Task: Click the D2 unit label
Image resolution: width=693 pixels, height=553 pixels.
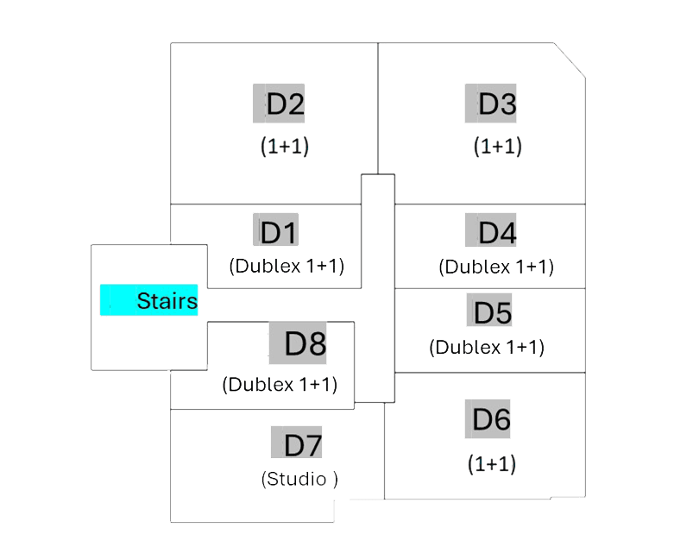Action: pyautogui.click(x=280, y=104)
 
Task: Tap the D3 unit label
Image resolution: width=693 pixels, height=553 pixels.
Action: pyautogui.click(x=492, y=104)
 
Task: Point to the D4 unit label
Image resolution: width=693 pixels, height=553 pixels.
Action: pyautogui.click(x=492, y=232)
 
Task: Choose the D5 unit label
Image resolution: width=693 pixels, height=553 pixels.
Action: pyautogui.click(x=490, y=312)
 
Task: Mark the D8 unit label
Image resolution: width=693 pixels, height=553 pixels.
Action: pyautogui.click(x=299, y=344)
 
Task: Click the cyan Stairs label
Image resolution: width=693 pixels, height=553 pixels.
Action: pyautogui.click(x=149, y=301)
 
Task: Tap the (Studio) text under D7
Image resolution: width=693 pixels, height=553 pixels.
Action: pyautogui.click(x=299, y=479)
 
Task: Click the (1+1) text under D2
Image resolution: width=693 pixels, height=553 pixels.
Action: pyautogui.click(x=285, y=146)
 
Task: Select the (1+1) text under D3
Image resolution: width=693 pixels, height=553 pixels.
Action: pyautogui.click(x=498, y=146)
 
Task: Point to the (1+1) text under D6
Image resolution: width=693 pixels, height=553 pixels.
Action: pyautogui.click(x=492, y=464)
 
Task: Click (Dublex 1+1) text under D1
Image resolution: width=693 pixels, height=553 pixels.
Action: pyautogui.click(x=287, y=266)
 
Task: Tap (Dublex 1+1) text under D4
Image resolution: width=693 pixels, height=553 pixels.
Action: pyautogui.click(x=496, y=267)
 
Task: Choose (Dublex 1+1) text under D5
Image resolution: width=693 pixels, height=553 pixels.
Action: pyautogui.click(x=487, y=348)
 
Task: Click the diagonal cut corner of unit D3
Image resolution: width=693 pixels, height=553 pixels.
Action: pyautogui.click(x=570, y=60)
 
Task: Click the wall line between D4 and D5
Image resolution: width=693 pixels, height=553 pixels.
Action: pyautogui.click(x=489, y=288)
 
